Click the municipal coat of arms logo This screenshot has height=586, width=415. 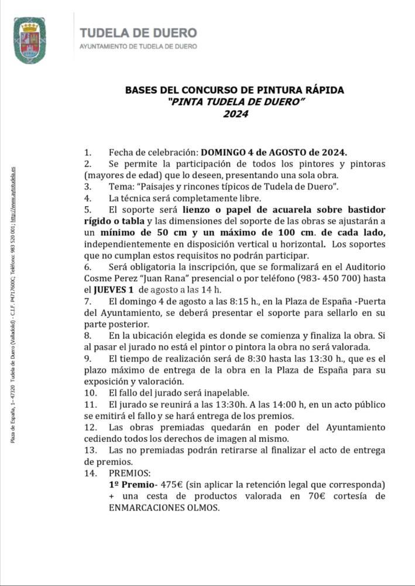30,40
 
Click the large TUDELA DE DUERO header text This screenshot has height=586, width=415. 138,33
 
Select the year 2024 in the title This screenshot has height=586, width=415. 235,114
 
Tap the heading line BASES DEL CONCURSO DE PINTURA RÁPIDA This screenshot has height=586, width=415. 235,90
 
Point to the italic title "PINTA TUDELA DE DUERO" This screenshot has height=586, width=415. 235,102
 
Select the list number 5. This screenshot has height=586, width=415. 88,209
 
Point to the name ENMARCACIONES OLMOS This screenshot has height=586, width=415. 164,507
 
